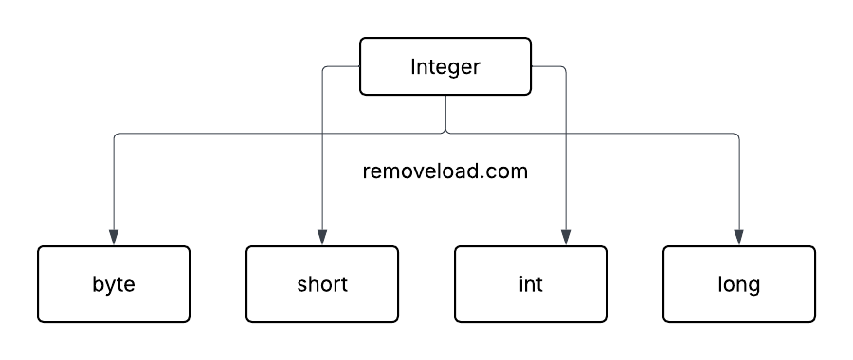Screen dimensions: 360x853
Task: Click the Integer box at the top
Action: (445, 67)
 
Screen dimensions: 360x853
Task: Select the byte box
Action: (114, 284)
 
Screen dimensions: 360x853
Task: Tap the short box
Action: (322, 284)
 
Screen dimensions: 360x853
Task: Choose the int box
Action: (531, 284)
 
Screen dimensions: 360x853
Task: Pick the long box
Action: (739, 284)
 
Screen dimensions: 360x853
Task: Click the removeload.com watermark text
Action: (445, 172)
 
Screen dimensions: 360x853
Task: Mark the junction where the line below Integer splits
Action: (445, 133)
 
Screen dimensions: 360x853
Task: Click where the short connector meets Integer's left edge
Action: (360, 67)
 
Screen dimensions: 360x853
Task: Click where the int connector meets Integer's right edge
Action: (531, 67)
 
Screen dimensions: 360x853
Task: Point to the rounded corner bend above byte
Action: (117, 135)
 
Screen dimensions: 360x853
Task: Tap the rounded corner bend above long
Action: (736, 135)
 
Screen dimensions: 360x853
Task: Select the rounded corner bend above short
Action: (325, 69)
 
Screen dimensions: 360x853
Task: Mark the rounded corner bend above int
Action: (564, 69)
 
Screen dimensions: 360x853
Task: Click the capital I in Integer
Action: (413, 67)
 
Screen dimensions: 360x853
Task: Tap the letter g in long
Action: (753, 286)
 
